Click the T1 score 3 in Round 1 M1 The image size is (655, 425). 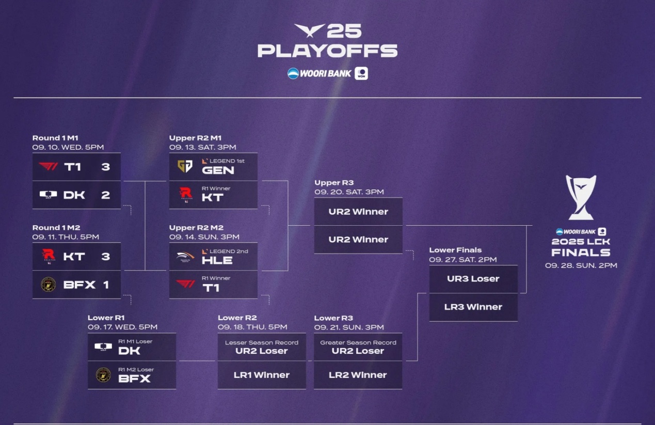(106, 167)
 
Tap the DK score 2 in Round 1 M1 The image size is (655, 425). (106, 195)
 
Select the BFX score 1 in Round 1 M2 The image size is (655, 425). (106, 285)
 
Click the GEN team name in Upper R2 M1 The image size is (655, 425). (218, 170)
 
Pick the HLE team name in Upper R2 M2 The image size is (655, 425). (217, 260)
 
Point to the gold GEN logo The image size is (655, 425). (185, 166)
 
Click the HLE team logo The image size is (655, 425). (185, 257)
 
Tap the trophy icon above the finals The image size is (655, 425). (581, 197)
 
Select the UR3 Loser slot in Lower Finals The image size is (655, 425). (473, 279)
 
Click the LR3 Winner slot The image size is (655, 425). (473, 307)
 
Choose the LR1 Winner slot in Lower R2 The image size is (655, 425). (261, 375)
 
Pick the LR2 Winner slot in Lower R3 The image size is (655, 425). (358, 375)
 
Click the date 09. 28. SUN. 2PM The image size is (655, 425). (581, 265)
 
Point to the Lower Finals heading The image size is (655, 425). (455, 250)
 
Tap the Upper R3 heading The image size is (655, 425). (334, 182)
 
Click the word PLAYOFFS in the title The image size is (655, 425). (327, 51)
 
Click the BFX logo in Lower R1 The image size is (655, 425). (103, 375)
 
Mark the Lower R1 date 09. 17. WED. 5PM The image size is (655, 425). (122, 327)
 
